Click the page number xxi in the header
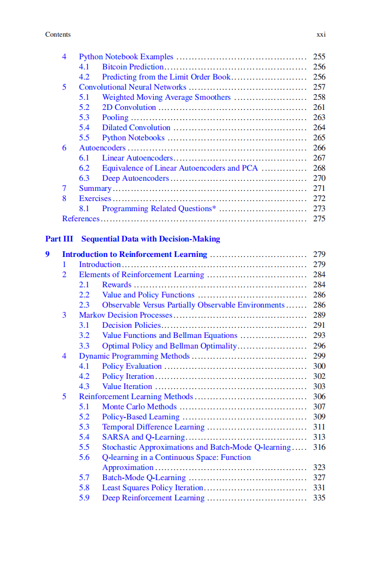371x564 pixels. (x=321, y=34)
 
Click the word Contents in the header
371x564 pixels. (x=58, y=34)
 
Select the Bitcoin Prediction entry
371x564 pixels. (x=132, y=67)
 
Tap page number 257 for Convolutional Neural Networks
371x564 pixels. (x=319, y=87)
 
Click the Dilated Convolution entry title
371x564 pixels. (x=136, y=127)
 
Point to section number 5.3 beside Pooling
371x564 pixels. (x=84, y=117)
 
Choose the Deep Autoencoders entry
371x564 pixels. (x=135, y=178)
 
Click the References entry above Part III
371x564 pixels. (x=80, y=218)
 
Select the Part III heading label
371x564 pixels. (x=59, y=239)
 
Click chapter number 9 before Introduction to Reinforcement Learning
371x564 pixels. (x=47, y=254)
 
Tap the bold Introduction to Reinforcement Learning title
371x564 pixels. (x=134, y=254)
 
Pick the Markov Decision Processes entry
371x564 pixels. (x=125, y=315)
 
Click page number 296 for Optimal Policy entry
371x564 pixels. (x=319, y=346)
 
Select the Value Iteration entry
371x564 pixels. (x=127, y=386)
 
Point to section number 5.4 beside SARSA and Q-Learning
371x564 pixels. (x=84, y=437)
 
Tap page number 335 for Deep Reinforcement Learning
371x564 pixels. (x=319, y=497)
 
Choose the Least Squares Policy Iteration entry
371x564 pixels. (x=152, y=487)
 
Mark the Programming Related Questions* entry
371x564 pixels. (x=159, y=208)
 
